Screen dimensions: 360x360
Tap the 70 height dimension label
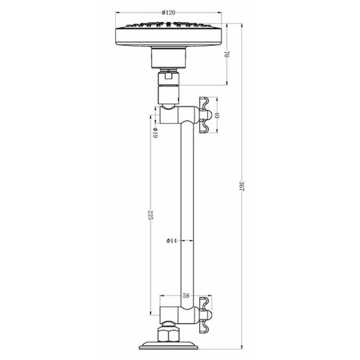228,54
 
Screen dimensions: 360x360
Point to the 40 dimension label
217,114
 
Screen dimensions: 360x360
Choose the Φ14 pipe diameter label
171,241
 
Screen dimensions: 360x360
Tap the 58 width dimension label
185,294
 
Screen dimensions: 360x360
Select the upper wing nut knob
204,114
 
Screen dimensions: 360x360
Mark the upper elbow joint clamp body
179,114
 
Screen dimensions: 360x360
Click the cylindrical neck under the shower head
169,57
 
